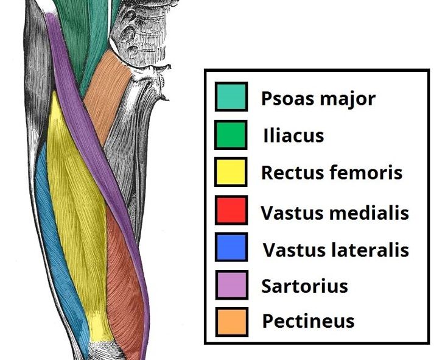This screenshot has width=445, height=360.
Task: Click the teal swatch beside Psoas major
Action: (231, 97)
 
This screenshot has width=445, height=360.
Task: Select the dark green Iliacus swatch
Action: (231, 135)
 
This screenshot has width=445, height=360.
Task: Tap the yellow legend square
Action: (231, 172)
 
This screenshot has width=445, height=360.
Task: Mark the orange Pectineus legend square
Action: (231, 320)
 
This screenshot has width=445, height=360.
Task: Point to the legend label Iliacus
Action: (293, 135)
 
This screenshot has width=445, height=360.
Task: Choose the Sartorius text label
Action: (304, 285)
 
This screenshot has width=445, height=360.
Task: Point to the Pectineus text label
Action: (308, 321)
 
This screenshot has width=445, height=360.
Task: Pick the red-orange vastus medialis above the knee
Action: (125, 274)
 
